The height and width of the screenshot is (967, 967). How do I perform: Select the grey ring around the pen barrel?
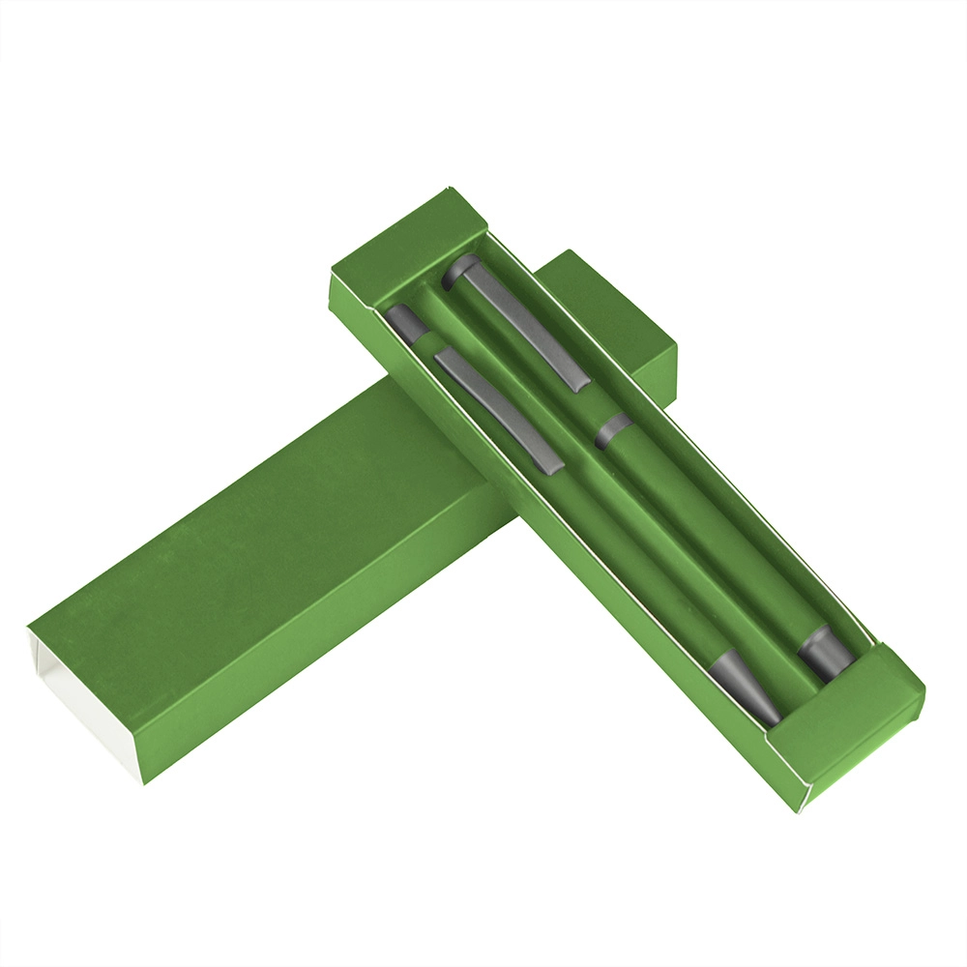pos(612,431)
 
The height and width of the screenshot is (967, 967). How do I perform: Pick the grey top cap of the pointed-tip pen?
pos(406,322)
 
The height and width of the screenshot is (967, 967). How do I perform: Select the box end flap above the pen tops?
pos(406,242)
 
